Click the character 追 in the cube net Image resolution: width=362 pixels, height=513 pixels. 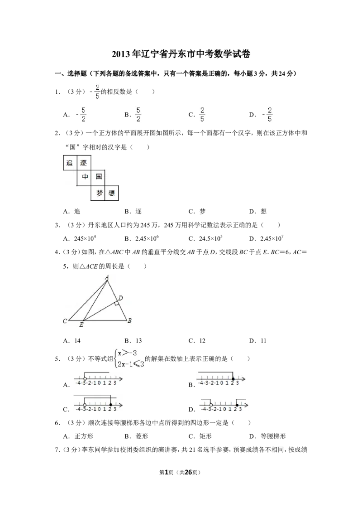pyautogui.click(x=69, y=163)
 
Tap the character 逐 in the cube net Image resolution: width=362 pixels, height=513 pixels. pyautogui.click(x=83, y=163)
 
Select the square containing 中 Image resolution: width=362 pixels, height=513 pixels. pyautogui.click(x=84, y=177)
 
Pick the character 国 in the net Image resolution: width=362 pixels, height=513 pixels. pyautogui.click(x=98, y=177)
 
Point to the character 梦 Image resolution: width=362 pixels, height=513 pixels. pyautogui.click(x=99, y=193)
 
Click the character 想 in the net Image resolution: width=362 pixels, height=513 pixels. pyautogui.click(x=112, y=194)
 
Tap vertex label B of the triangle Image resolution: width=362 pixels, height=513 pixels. pyautogui.click(x=129, y=321)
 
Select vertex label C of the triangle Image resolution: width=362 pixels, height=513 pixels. pyautogui.click(x=65, y=321)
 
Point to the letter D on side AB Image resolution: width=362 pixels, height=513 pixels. pyautogui.click(x=120, y=298)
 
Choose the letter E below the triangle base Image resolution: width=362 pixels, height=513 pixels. pyautogui.click(x=81, y=324)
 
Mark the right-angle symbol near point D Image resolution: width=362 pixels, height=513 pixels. pyautogui.click(x=116, y=303)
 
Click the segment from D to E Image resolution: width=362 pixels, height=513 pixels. pyautogui.click(x=100, y=310)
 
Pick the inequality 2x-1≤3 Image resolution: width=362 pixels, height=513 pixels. pyautogui.click(x=130, y=363)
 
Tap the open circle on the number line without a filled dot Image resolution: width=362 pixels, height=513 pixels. pyautogui.click(x=85, y=379)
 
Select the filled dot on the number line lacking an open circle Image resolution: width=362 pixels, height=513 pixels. pyautogui.click(x=233, y=379)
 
